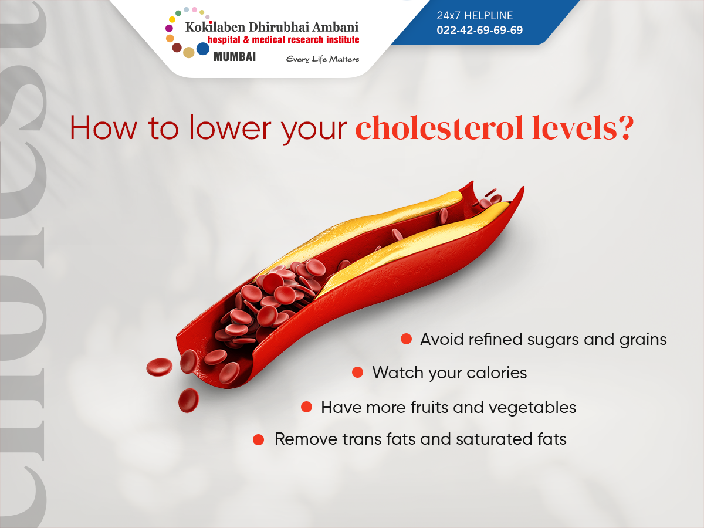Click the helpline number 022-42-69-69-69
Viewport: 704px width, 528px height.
pyautogui.click(x=479, y=30)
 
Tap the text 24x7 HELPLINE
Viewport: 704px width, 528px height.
pyautogui.click(x=475, y=15)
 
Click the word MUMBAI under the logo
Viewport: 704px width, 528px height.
pyautogui.click(x=235, y=57)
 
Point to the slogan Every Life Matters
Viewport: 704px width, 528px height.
pyautogui.click(x=322, y=59)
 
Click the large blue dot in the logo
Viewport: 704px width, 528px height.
pyautogui.click(x=203, y=49)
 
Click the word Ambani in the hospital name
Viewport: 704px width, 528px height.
pyautogui.click(x=335, y=27)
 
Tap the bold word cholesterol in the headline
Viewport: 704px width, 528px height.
pyautogui.click(x=439, y=128)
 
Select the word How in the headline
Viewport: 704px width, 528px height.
pyautogui.click(x=103, y=128)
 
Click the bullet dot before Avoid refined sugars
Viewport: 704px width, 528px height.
pyautogui.click(x=406, y=339)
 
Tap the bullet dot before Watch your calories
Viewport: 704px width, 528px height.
pyautogui.click(x=357, y=373)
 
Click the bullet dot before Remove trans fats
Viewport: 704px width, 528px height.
pyautogui.click(x=258, y=439)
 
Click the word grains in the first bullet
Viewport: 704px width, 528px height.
pyautogui.click(x=643, y=340)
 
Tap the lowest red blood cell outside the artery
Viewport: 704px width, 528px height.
pyautogui.click(x=188, y=400)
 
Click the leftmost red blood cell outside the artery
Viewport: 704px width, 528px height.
pyautogui.click(x=160, y=367)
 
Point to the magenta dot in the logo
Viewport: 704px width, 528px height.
pyautogui.click(x=169, y=28)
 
